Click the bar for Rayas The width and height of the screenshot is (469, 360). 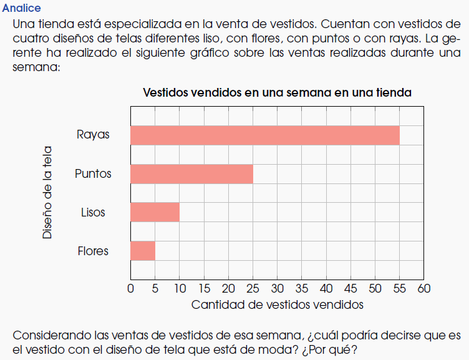[264, 135]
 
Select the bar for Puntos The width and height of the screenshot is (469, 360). [191, 173]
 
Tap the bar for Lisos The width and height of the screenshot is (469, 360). [155, 212]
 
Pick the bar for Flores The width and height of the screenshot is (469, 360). [143, 251]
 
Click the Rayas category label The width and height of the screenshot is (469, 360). [93, 135]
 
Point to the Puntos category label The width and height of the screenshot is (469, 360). [93, 173]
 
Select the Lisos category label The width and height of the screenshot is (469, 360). [93, 212]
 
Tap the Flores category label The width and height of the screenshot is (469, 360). [93, 251]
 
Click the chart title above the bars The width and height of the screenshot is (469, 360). [277, 93]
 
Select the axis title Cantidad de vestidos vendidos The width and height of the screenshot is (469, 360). [277, 305]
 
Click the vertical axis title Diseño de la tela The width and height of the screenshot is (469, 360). [47, 193]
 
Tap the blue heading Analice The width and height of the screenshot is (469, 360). [21, 8]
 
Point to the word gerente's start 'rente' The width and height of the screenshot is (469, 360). [27, 53]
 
